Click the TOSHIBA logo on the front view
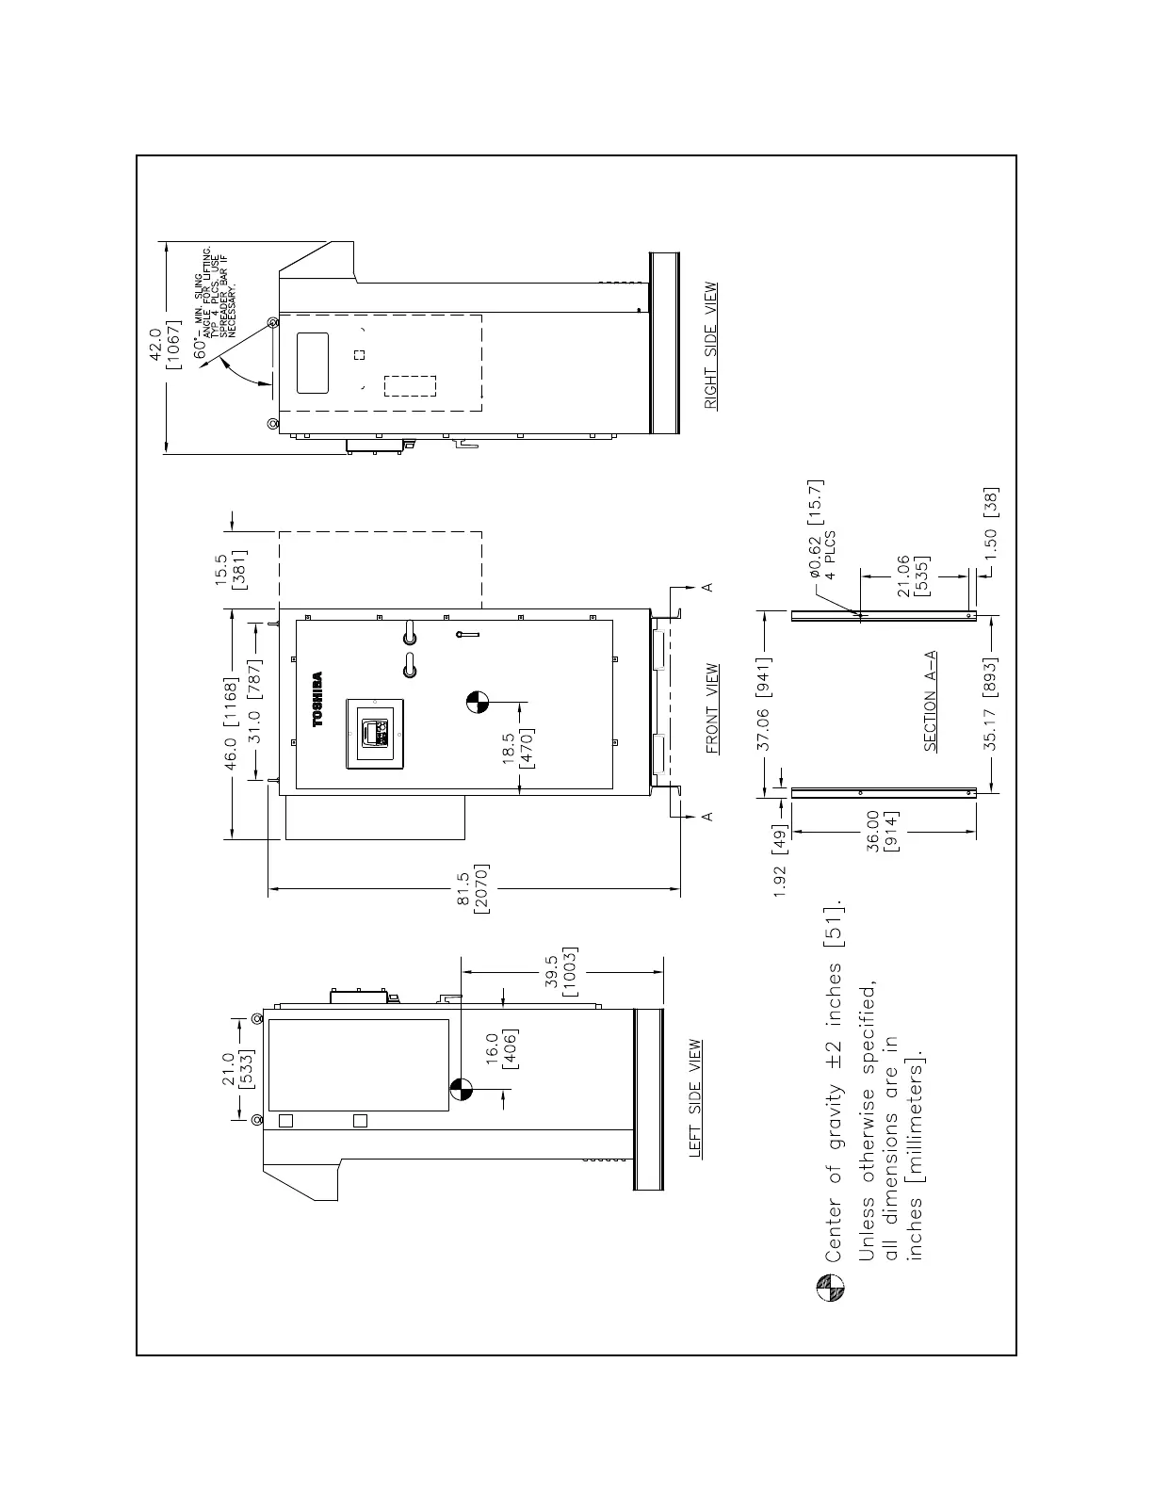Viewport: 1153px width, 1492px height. pos(317,698)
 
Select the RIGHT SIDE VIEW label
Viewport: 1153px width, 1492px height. pos(712,346)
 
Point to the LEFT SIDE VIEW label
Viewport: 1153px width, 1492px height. pos(696,1098)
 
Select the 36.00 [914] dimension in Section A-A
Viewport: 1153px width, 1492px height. pos(882,832)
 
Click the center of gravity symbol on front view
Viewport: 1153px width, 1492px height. pos(478,701)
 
